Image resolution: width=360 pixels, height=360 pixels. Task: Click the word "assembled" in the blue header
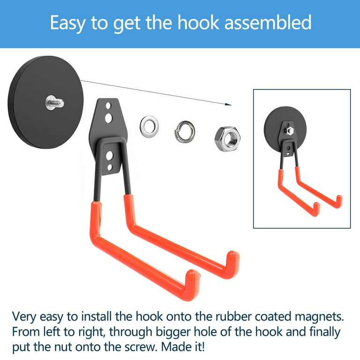point(268,22)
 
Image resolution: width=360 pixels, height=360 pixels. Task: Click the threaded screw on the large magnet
point(55,102)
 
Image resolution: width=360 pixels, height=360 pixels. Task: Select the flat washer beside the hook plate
point(149,127)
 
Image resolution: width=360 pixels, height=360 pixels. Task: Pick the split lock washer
point(185,132)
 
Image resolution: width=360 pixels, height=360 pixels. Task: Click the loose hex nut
point(227,139)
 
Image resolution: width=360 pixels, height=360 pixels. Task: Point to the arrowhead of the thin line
point(228,104)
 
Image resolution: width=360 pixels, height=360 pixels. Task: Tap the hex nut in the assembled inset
point(289,131)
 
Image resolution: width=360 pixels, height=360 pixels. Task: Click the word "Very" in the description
point(24,317)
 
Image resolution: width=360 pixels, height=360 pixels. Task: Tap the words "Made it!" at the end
point(183,347)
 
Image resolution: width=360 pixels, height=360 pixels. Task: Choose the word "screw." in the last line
point(142,348)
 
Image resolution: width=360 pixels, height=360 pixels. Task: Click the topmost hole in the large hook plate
point(108,106)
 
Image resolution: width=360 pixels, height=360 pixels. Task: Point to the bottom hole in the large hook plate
point(110,167)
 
